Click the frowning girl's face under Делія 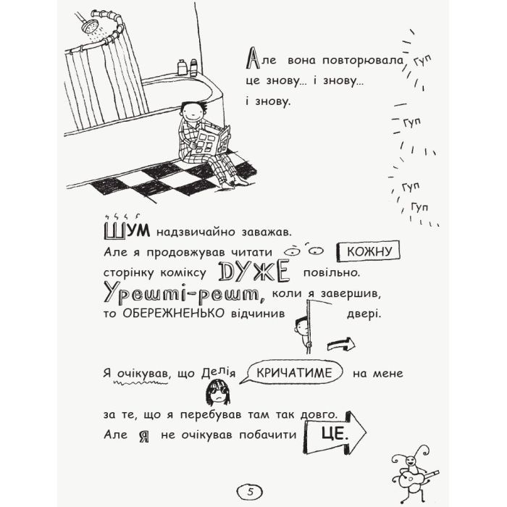click(x=215, y=393)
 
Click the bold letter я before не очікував click(x=144, y=437)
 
